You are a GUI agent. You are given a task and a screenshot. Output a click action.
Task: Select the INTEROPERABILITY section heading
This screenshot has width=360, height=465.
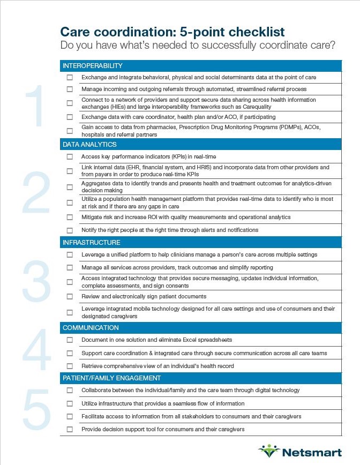(93, 66)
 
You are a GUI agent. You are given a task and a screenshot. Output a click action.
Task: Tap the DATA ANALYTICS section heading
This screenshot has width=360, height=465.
(89, 145)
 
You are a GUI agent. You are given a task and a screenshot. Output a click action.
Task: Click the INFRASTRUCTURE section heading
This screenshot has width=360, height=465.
(91, 243)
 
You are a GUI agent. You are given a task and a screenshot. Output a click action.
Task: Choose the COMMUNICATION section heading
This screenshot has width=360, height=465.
(91, 328)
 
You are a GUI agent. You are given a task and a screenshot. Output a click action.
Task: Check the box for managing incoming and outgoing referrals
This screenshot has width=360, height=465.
(70, 89)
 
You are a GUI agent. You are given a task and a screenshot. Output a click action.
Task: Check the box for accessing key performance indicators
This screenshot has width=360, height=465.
(70, 157)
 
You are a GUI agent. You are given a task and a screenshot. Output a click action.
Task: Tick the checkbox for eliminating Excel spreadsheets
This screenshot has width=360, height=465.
(70, 340)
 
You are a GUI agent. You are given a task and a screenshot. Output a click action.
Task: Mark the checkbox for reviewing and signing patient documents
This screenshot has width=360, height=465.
(70, 296)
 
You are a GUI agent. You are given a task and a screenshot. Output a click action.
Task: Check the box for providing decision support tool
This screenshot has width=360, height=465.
(70, 430)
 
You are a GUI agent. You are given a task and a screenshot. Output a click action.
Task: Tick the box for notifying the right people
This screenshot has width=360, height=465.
(70, 230)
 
